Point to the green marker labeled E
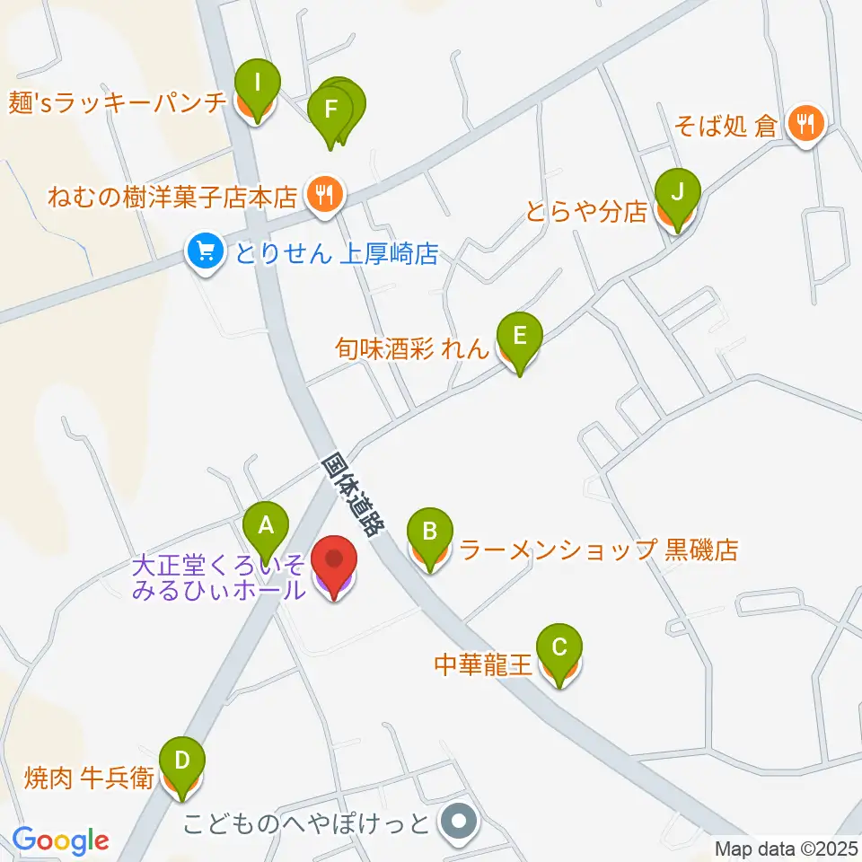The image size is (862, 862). [519, 338]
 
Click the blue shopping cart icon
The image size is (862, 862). [206, 251]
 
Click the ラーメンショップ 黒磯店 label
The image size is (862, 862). [598, 550]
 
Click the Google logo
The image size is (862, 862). [60, 840]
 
